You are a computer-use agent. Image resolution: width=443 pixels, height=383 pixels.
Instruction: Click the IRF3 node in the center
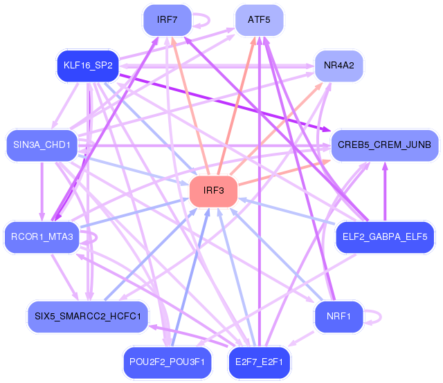coord(213,191)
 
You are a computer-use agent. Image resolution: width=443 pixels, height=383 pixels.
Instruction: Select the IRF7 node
coord(168,20)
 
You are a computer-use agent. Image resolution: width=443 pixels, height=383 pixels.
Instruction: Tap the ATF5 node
coord(259,20)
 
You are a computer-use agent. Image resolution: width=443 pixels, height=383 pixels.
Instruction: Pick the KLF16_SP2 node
coord(88,66)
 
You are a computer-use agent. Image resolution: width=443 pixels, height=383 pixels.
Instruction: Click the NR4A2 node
coord(338,66)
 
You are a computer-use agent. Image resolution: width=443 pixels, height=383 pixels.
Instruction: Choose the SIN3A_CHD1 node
coord(42,145)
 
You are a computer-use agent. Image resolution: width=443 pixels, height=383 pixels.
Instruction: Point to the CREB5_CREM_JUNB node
coord(385,145)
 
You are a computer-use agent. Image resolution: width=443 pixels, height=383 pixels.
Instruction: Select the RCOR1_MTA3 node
coord(42,237)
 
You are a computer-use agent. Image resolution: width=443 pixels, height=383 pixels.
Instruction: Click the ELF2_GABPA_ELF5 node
coord(385,237)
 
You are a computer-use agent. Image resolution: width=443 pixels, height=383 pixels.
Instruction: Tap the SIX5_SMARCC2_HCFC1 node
coord(88,317)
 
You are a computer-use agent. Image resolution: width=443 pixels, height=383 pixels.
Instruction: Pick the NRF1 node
coord(338,317)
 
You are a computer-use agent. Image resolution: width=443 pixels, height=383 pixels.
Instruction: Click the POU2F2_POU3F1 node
coord(168,362)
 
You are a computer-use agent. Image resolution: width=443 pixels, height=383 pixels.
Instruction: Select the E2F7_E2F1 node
coord(259,362)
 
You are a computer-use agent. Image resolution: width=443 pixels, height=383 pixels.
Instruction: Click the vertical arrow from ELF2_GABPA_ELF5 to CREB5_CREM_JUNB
coord(385,192)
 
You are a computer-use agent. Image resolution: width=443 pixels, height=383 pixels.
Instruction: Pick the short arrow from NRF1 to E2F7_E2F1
coord(300,339)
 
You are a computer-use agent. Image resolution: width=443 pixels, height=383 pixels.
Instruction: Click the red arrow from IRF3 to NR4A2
coord(277,129)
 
